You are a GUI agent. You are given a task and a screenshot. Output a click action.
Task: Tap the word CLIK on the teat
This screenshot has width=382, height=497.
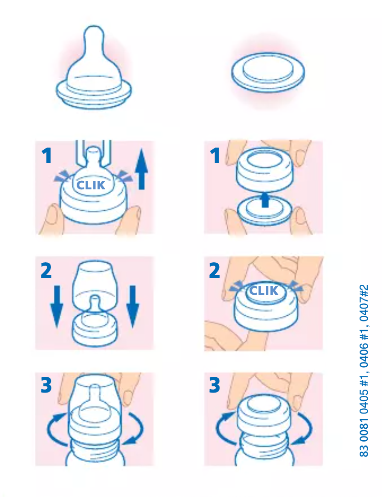[x=91, y=185]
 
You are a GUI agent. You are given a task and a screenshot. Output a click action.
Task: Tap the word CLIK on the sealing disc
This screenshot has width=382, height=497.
[x=264, y=290]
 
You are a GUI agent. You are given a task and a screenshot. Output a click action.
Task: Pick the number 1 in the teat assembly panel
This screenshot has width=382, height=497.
[x=47, y=156]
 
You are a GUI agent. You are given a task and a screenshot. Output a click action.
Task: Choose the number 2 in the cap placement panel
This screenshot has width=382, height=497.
[x=46, y=271]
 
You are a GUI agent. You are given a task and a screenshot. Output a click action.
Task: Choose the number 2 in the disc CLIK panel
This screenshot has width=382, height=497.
[x=215, y=271]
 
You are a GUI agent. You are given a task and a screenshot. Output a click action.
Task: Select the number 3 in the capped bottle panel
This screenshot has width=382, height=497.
[x=46, y=386]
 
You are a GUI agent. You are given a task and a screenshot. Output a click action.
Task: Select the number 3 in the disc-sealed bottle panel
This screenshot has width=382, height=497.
[x=215, y=386]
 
